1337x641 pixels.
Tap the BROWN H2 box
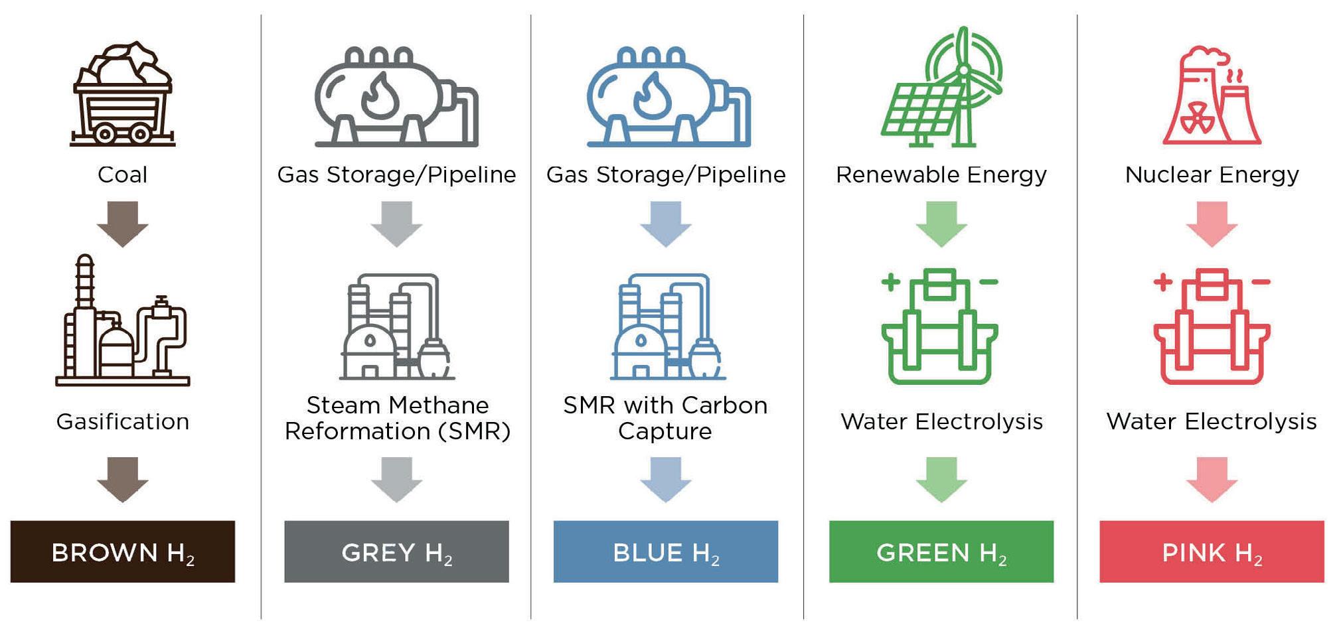coord(123,551)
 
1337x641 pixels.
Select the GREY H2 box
coord(396,551)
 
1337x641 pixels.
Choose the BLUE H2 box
coord(666,551)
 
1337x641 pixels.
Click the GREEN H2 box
coord(941,551)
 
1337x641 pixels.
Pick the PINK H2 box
coord(1212,551)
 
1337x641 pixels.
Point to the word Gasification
coord(123,422)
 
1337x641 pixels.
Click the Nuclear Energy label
coord(1212,175)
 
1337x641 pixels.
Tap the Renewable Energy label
coord(941,175)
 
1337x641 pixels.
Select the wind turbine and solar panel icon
coord(941,86)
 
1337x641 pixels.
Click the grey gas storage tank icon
coord(396,96)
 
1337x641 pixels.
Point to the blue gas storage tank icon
coord(668,96)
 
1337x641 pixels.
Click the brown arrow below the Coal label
coord(123,224)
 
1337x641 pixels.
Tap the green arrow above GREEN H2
coord(941,480)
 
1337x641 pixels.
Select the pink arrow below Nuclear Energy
coord(1212,224)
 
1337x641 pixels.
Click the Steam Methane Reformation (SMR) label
coord(398,418)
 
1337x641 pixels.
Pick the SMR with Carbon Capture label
coord(665,418)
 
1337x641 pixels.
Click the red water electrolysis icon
coord(1212,326)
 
